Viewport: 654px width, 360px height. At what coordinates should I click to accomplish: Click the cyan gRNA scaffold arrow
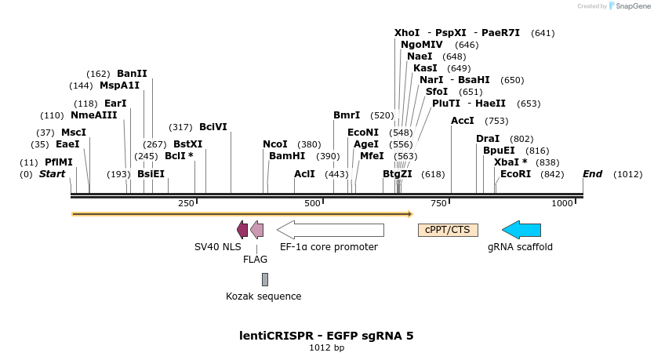click(x=521, y=230)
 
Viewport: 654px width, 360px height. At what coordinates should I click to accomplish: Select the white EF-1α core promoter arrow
click(x=330, y=230)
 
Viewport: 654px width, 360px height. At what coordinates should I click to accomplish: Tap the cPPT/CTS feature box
click(x=448, y=230)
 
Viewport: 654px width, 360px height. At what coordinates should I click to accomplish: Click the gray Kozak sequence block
click(x=265, y=279)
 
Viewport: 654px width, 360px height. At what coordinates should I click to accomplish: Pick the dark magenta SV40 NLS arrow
click(x=242, y=230)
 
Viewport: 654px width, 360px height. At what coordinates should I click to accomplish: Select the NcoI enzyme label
click(x=275, y=144)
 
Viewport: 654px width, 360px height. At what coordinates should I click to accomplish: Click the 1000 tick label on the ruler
click(x=562, y=204)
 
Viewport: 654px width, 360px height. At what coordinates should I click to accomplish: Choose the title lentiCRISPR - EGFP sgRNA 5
click(x=326, y=336)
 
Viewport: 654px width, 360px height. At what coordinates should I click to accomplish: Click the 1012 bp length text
click(x=326, y=347)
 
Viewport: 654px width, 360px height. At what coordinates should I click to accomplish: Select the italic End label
click(x=593, y=174)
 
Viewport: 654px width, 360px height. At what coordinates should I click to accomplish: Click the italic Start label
click(x=52, y=174)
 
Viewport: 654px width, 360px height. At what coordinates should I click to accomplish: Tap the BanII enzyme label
click(x=132, y=74)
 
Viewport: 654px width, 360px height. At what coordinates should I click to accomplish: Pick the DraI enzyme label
click(x=488, y=139)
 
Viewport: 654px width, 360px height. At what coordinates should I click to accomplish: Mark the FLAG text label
click(x=255, y=260)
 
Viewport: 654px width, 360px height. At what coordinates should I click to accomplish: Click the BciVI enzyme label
click(x=213, y=127)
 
